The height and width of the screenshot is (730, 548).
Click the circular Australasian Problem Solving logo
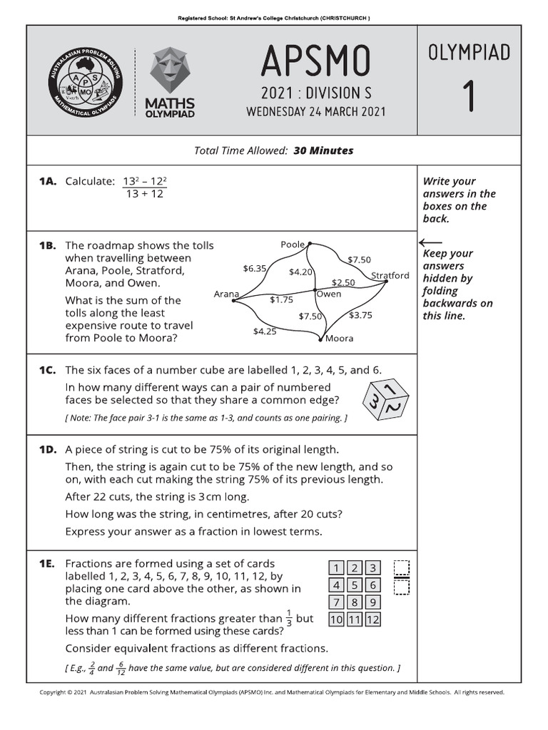pos(82,81)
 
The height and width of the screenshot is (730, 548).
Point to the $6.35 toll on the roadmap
pos(255,269)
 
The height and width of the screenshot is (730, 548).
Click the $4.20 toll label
pos(300,272)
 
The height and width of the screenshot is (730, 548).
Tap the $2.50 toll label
pos(343,282)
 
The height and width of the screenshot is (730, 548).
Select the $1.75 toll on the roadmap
pos(281,300)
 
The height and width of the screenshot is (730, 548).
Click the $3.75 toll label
pos(360,314)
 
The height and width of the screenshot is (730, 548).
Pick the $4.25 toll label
pos(265,331)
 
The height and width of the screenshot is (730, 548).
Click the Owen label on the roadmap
pos(329,294)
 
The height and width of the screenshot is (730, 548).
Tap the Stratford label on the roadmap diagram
pos(390,275)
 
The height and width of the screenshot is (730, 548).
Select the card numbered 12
pos(372,620)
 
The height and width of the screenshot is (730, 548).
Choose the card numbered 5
pos(355,585)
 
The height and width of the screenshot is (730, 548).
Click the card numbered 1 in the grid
pos(336,568)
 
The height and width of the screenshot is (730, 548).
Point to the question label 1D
pos(47,450)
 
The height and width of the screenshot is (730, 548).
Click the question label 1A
pos(47,181)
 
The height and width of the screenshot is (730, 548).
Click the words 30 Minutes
pos(323,150)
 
